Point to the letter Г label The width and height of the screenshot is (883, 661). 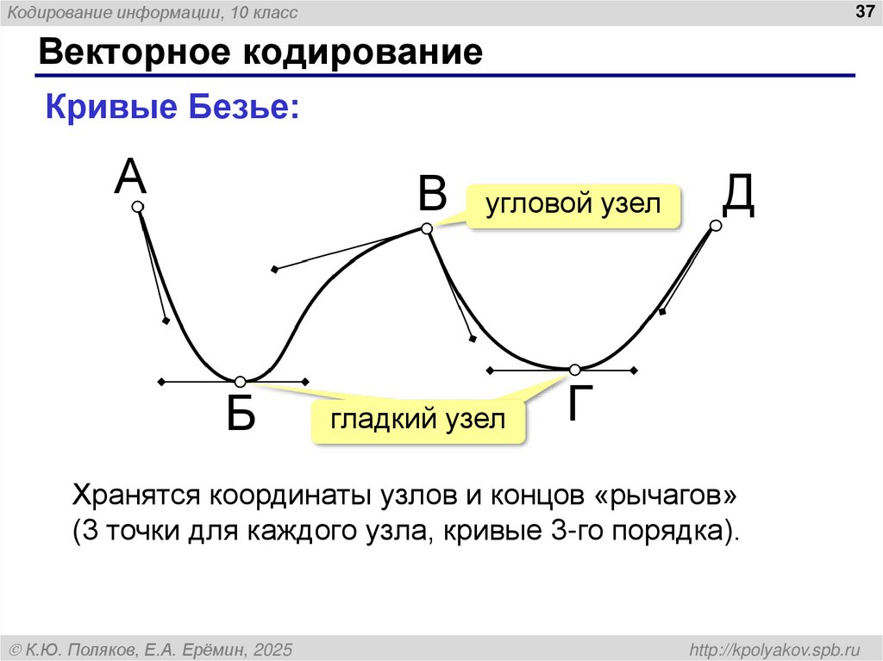click(x=583, y=402)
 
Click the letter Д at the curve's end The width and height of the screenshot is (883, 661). click(x=739, y=196)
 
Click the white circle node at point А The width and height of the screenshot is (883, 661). click(x=137, y=207)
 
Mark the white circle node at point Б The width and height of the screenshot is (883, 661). click(x=241, y=382)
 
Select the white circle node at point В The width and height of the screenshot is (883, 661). click(x=426, y=228)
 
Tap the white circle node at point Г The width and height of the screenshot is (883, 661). click(x=574, y=370)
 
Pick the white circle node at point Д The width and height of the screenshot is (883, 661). click(x=715, y=226)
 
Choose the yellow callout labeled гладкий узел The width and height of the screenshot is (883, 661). click(x=419, y=421)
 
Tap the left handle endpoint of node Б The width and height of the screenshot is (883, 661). click(x=160, y=382)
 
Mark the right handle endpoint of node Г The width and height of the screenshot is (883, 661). click(x=636, y=371)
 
